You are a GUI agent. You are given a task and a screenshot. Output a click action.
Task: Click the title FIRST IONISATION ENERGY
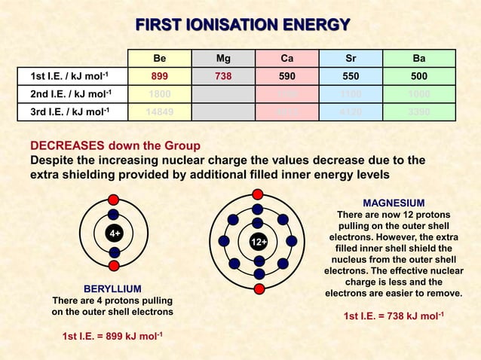coord(241,26)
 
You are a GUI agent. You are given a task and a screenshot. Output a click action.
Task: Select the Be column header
coord(160,58)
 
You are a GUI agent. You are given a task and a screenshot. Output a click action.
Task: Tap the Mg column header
coord(223,58)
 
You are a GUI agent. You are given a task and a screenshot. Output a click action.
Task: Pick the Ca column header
coord(286,58)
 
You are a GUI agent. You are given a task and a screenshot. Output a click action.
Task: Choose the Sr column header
coord(351,58)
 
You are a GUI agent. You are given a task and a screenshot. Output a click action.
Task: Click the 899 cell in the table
coord(160,76)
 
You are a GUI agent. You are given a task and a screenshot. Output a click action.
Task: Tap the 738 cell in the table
coord(223,76)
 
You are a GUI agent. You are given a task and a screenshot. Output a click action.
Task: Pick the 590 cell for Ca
coord(286,76)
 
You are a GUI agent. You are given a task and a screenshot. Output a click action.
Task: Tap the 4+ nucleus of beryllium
coord(114,233)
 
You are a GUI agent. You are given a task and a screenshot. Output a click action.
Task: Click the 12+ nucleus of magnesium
coord(259,242)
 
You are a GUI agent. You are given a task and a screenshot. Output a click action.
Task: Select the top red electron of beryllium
coord(114,200)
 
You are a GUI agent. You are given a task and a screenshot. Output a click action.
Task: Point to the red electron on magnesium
coord(259,289)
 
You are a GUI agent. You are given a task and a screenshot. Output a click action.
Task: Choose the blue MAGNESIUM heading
coord(394,203)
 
